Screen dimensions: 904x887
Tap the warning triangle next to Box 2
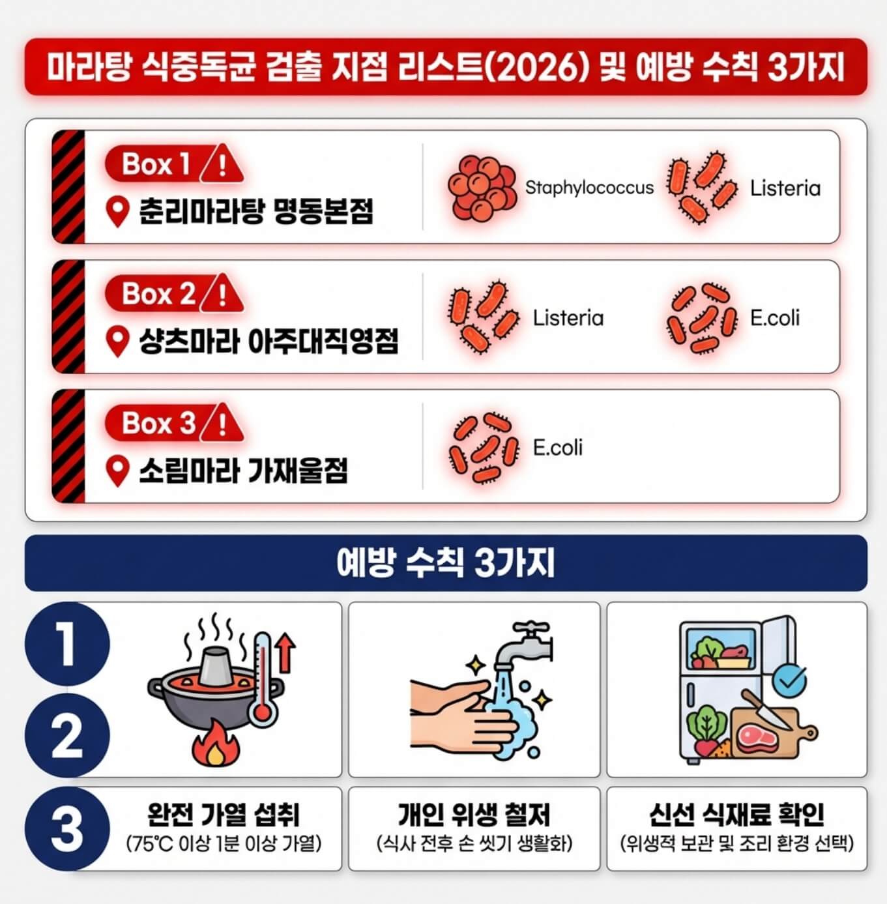[222, 294]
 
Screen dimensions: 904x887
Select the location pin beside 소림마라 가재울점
[117, 471]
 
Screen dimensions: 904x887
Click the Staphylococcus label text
[589, 188]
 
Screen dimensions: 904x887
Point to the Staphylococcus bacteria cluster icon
[482, 187]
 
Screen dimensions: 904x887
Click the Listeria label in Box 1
[785, 188]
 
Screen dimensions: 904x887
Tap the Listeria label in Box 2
[568, 318]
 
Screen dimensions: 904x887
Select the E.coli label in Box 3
[557, 448]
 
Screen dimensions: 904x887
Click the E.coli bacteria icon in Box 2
[701, 318]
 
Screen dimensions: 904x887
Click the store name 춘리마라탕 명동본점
[256, 211]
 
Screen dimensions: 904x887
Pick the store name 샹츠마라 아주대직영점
[268, 341]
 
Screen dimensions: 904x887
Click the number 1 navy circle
[67, 644]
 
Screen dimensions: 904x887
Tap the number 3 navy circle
[67, 829]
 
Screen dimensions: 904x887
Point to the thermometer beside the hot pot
[262, 678]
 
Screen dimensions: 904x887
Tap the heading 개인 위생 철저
[474, 815]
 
